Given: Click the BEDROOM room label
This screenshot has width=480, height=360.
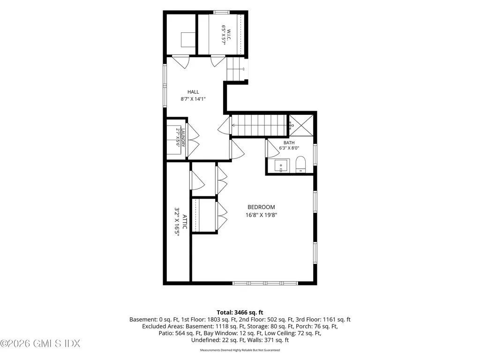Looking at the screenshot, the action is (261, 207).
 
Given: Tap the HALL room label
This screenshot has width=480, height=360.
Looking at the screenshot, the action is (193, 92).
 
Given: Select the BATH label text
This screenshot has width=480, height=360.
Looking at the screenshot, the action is (289, 142).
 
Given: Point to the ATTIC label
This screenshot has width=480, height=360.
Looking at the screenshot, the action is (185, 222).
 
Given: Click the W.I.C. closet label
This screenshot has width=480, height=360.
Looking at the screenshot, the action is (229, 35).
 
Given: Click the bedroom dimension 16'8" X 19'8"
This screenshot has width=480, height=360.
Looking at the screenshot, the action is (261, 215).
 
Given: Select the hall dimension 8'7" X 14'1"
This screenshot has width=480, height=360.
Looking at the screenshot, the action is (193, 99).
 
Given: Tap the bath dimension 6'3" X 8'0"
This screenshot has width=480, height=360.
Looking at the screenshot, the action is (289, 148).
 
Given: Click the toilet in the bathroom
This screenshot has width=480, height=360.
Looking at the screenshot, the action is (301, 165).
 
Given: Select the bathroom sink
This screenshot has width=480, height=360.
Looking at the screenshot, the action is (281, 166).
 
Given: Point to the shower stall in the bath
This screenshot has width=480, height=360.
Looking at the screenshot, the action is (301, 125).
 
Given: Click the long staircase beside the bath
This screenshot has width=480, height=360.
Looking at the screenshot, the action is (259, 125).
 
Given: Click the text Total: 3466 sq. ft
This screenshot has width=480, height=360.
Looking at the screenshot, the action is (240, 313).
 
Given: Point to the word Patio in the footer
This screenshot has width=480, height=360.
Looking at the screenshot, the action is (165, 333).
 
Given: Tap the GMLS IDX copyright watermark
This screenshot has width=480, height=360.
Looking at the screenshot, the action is (40, 344).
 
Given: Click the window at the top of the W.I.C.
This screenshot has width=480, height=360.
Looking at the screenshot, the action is (221, 12).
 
